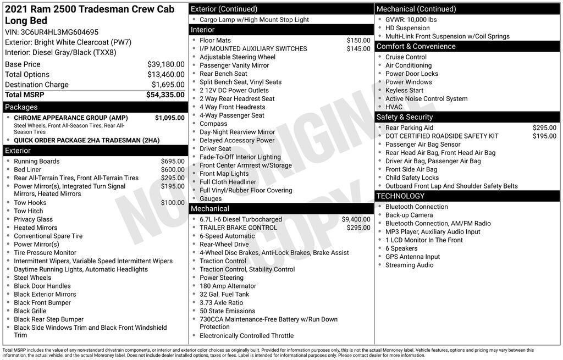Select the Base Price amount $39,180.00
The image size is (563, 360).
click(165, 64)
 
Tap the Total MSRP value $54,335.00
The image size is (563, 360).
click(165, 95)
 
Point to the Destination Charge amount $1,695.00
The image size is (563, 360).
click(168, 85)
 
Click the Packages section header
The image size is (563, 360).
click(21, 107)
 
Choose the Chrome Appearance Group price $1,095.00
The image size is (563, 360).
click(169, 118)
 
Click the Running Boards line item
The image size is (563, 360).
click(37, 161)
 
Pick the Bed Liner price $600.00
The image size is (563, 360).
click(173, 170)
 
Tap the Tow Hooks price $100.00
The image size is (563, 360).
click(173, 203)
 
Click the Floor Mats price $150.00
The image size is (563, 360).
click(358, 40)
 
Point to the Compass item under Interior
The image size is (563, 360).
click(213, 124)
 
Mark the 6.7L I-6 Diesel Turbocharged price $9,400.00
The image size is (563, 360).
click(356, 219)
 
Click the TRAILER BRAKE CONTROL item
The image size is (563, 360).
click(238, 228)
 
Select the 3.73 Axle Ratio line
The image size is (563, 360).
click(221, 303)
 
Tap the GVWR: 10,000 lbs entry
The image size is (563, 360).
click(411, 19)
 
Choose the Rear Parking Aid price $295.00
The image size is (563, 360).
click(544, 128)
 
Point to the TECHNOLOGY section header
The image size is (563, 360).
click(400, 196)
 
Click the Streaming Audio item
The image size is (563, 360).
click(409, 265)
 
